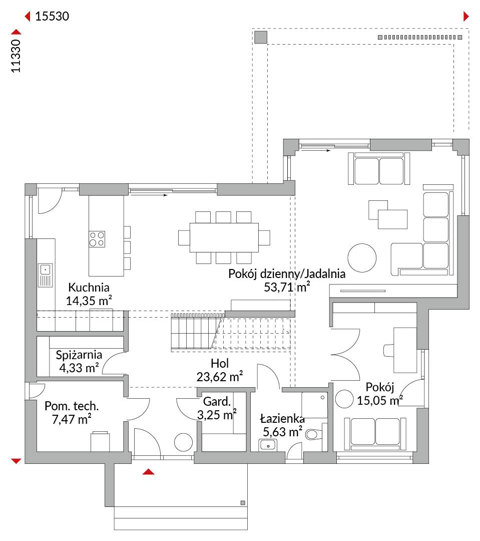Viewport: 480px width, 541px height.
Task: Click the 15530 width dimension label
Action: (x=52, y=16)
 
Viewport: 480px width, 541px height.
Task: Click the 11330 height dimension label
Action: (x=16, y=56)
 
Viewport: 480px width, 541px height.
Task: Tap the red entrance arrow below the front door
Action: (x=148, y=472)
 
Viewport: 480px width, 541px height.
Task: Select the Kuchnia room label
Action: (x=89, y=287)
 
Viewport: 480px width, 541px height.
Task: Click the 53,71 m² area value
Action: (x=287, y=287)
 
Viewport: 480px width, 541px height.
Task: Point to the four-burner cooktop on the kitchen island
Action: (x=97, y=239)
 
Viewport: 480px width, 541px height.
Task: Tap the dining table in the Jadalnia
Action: (x=224, y=238)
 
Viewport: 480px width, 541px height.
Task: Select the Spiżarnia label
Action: (x=79, y=355)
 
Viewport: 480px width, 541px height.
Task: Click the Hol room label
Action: (x=220, y=363)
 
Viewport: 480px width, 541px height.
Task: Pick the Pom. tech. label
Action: (x=72, y=406)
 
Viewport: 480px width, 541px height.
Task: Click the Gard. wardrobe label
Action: (x=217, y=402)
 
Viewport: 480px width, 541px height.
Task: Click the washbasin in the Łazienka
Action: (x=268, y=445)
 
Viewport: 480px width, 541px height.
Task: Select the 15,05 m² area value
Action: (x=380, y=401)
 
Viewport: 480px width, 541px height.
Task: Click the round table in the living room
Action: (x=362, y=258)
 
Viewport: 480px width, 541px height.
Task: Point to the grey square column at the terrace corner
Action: (x=261, y=37)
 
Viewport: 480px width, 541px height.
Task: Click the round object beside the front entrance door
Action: (x=183, y=442)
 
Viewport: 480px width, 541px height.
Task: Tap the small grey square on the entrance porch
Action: (x=243, y=503)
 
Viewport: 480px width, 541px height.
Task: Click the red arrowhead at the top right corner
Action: (x=466, y=16)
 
